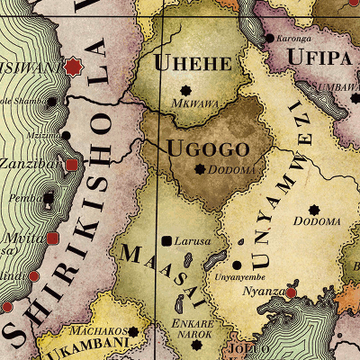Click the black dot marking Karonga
pos(270,39)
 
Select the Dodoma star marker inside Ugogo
pos(199,168)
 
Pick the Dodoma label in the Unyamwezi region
pos(318,221)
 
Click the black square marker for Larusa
pos(166,240)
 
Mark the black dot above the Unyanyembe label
pos(237,265)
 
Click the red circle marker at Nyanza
pos(292,292)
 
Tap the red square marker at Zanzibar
pos(72,165)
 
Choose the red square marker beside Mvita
pos(53,238)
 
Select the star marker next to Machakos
pos(133,331)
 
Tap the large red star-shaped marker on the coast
pos(72,67)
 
